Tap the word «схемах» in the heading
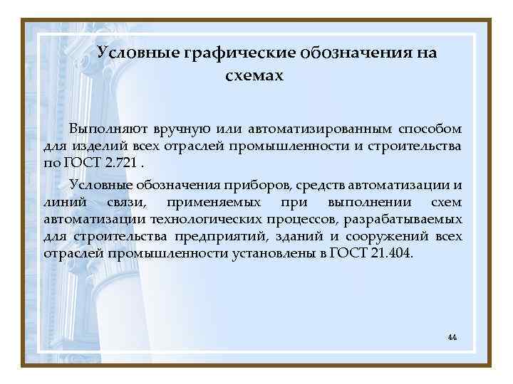(x=254, y=75)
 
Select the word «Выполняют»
(x=108, y=129)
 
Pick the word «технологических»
(x=207, y=220)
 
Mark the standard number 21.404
(x=392, y=254)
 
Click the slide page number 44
(x=452, y=336)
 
